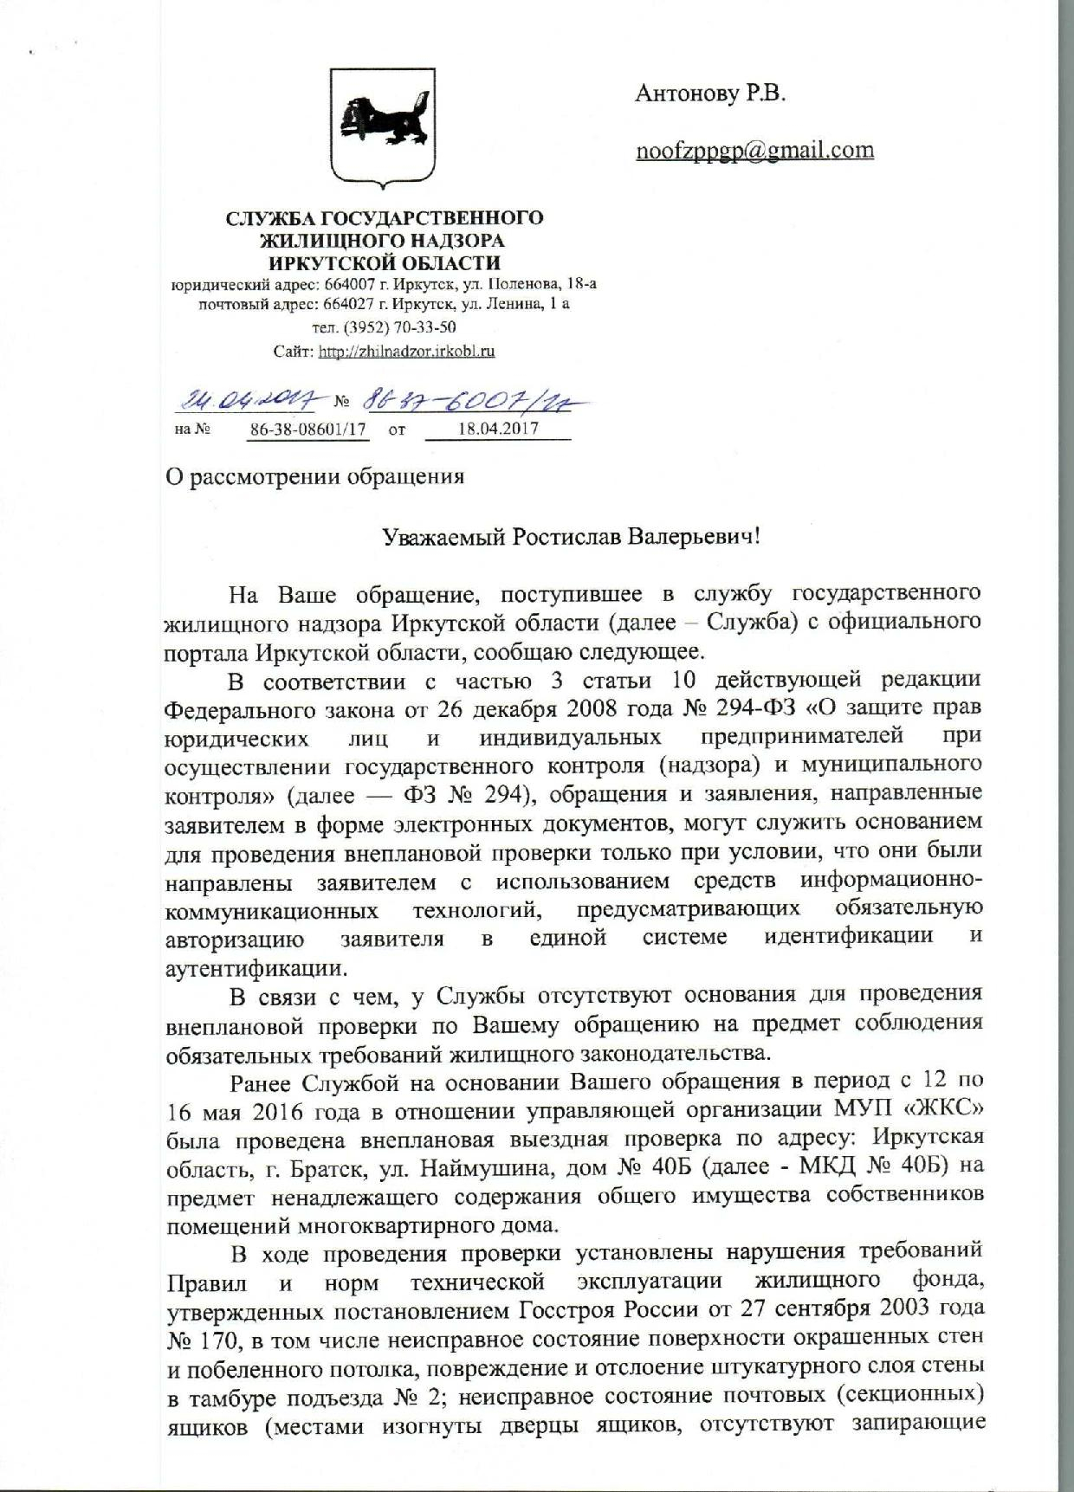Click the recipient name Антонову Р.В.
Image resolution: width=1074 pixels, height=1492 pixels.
click(x=710, y=94)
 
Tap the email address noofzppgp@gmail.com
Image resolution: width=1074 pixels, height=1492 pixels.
click(x=754, y=151)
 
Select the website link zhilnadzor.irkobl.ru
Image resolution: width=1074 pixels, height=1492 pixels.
click(x=406, y=352)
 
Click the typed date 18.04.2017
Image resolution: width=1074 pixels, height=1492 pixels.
click(x=497, y=429)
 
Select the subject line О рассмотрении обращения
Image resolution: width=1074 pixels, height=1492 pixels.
click(x=314, y=476)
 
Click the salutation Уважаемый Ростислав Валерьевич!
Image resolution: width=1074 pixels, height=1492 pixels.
click(x=572, y=537)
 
